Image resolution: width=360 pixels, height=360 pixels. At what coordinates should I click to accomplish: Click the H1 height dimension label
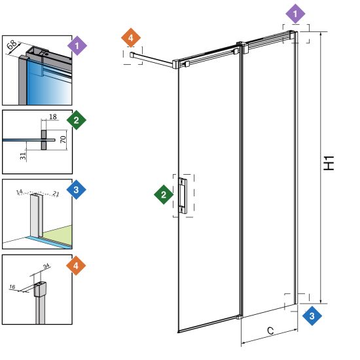point(329,163)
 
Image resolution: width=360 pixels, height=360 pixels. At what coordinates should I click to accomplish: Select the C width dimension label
point(270,331)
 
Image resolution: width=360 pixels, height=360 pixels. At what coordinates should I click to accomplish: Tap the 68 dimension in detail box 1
point(12,45)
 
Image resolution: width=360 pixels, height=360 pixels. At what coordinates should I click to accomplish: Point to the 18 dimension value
point(53,117)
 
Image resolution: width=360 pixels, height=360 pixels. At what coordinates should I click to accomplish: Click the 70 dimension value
point(63,139)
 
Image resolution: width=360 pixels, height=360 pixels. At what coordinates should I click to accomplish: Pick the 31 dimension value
point(23,156)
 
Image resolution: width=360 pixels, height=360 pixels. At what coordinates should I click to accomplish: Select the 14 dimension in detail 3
point(20,192)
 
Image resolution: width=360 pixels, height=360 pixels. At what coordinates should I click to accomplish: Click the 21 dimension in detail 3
point(56,194)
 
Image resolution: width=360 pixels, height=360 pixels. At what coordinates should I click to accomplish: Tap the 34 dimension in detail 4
point(46,266)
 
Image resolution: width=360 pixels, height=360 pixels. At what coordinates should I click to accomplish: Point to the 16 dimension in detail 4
point(12,287)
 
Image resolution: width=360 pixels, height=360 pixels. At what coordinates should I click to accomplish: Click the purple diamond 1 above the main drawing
point(295,14)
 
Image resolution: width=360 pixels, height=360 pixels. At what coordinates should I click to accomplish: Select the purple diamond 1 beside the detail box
point(77,46)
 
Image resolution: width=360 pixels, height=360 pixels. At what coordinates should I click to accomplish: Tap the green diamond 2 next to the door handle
point(164,194)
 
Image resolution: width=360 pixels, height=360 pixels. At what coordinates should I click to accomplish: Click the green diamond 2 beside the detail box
point(77,120)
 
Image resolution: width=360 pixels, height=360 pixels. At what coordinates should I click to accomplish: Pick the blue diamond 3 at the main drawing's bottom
point(312,316)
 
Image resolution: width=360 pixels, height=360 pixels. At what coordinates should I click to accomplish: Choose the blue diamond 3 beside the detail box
point(76,190)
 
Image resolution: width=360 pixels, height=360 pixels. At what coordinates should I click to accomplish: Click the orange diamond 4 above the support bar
point(131,38)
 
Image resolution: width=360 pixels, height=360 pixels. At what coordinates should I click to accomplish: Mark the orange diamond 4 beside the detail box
point(76,266)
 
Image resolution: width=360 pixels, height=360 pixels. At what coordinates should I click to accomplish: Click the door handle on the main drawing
point(183,196)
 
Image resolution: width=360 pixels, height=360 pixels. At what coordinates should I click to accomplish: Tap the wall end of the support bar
point(132,54)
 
